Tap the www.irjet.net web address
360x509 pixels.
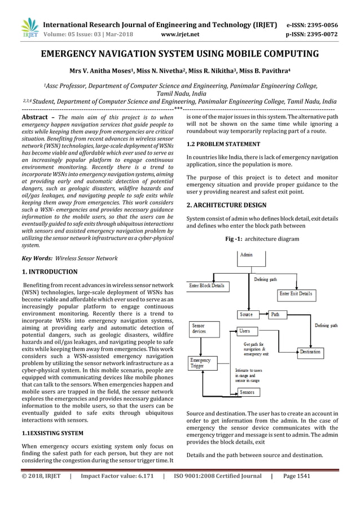click(180, 34)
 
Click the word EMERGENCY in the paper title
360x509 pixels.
click(74, 54)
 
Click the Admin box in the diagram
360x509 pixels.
click(247, 256)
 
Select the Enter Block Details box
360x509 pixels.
click(207, 286)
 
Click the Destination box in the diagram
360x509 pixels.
click(310, 352)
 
